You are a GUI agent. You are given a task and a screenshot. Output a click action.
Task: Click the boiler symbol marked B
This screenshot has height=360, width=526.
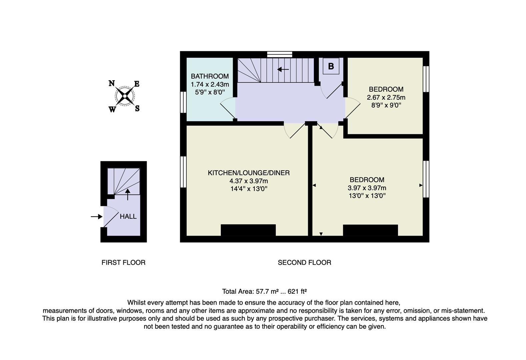coord(331,66)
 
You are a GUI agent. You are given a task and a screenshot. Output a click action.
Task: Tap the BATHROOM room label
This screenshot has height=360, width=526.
coord(210,76)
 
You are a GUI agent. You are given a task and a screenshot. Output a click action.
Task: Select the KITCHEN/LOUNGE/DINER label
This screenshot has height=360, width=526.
coord(248,173)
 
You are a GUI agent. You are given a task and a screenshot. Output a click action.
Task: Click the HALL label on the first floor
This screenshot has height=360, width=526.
coord(128,216)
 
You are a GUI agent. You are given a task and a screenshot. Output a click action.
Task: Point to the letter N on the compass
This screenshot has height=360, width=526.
coord(112,83)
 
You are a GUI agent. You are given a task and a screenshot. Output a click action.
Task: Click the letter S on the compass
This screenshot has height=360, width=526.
coord(137,109)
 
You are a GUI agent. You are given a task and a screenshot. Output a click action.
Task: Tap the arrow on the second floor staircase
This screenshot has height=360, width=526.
coord(283,69)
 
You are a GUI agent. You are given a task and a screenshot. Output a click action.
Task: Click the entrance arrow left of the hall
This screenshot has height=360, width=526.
coord(96,217)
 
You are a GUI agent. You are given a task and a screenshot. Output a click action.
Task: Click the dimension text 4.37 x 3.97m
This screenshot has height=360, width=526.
coord(248,181)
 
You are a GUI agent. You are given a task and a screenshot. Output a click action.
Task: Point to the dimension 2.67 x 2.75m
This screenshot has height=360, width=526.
coord(386,97)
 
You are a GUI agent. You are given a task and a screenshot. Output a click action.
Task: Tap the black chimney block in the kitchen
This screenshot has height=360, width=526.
coord(248,230)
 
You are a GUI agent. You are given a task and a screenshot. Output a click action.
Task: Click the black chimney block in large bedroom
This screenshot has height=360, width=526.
coord(370,230)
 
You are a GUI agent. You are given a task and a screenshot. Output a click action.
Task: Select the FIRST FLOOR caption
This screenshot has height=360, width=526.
coord(123,263)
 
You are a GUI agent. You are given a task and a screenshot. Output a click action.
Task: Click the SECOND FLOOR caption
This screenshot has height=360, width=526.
coord(304,263)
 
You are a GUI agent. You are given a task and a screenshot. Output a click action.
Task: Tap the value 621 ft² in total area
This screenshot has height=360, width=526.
coord(297,291)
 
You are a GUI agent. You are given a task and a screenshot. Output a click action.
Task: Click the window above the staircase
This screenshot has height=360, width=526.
coord(280,54)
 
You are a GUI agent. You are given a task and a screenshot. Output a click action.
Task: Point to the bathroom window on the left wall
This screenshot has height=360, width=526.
coord(183,102)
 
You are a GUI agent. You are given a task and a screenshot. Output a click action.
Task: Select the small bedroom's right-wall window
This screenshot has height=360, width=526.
coord(426,79)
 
